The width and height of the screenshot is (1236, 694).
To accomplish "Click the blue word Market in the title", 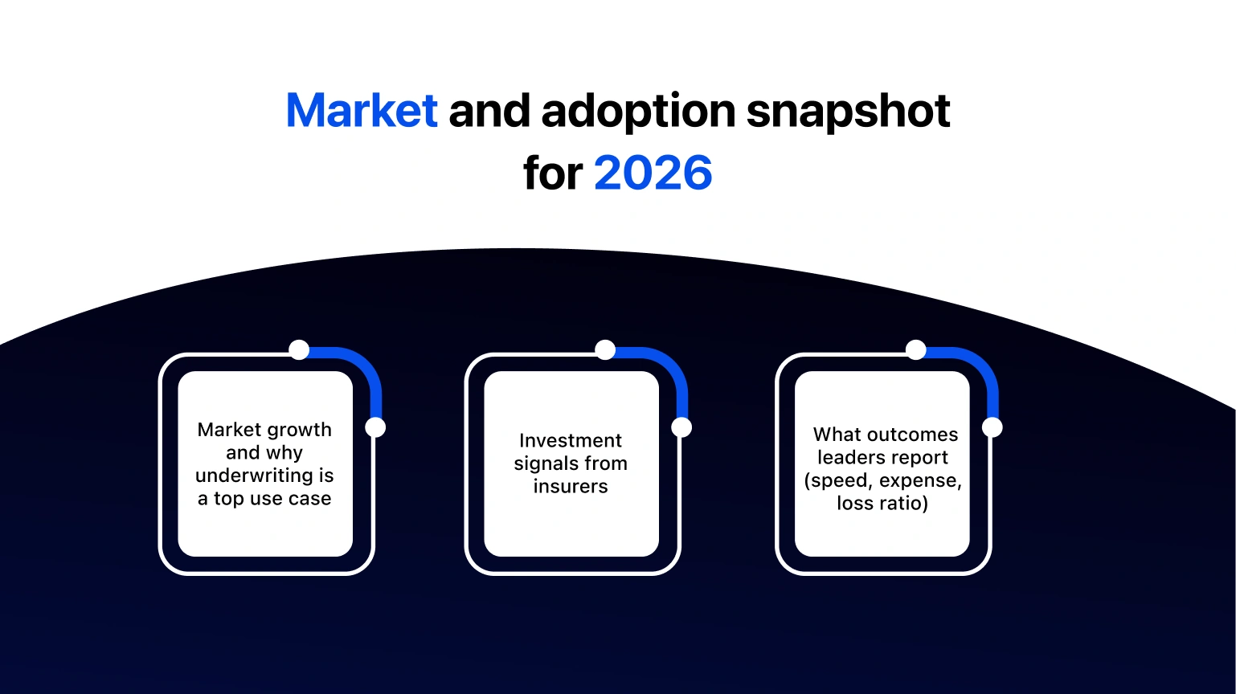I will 362,111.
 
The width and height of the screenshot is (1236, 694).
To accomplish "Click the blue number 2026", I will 653,173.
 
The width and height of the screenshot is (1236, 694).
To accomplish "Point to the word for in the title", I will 552,173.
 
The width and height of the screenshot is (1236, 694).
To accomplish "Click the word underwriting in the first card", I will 253,476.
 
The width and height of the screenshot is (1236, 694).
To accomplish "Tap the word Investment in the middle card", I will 571,440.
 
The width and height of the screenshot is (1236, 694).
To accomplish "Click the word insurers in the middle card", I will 571,486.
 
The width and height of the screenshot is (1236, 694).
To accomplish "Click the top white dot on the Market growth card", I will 299,350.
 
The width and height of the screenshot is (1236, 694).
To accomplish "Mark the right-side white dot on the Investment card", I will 681,427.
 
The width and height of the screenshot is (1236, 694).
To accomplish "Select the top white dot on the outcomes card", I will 916,350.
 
